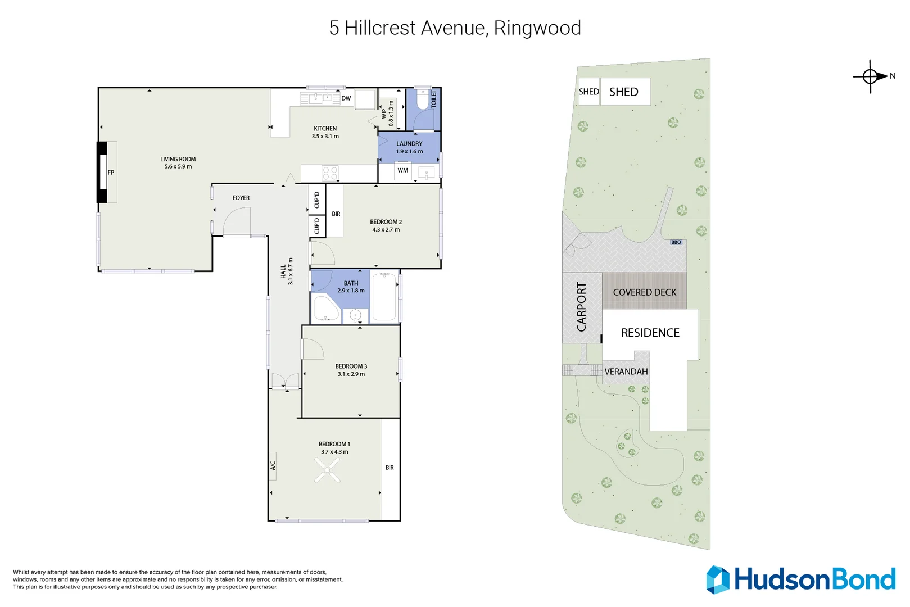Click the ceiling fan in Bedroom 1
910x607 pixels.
point(327,470)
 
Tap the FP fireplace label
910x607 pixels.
point(111,173)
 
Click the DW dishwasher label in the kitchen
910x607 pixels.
point(346,98)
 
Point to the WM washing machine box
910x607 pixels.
point(403,170)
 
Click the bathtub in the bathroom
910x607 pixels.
point(384,297)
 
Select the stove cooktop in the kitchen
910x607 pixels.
point(330,173)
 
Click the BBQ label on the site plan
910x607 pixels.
point(676,242)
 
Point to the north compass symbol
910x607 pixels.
point(871,76)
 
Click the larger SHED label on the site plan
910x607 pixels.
point(624,92)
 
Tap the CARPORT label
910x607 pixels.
point(582,307)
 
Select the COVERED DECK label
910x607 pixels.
point(645,292)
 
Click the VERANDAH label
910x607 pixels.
point(626,372)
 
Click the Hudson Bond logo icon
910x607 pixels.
point(718,579)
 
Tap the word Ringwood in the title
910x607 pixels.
point(537,28)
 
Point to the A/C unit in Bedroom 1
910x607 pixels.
point(273,466)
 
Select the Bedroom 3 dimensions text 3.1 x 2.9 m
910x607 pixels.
point(351,374)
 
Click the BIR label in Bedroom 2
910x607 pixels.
point(336,214)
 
